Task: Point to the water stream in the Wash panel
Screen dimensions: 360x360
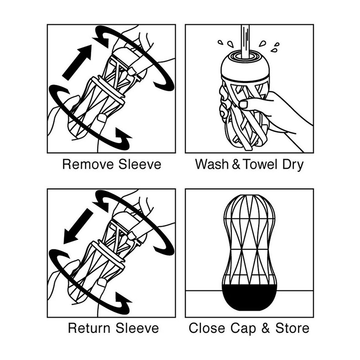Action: (x=244, y=38)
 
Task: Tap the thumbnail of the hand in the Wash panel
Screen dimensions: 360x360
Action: (x=243, y=104)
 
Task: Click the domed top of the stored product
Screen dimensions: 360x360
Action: (x=248, y=208)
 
